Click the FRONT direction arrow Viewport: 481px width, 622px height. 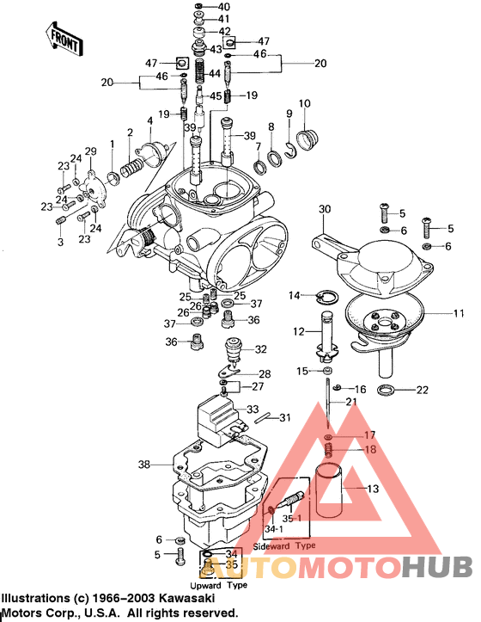click(x=64, y=39)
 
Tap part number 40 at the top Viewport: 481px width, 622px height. click(x=223, y=7)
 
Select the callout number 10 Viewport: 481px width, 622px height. click(x=305, y=104)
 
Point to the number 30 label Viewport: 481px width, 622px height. click(x=325, y=209)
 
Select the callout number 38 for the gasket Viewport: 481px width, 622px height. click(x=143, y=464)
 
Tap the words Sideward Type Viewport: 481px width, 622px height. click(x=284, y=545)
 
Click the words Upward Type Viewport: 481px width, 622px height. click(x=218, y=585)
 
